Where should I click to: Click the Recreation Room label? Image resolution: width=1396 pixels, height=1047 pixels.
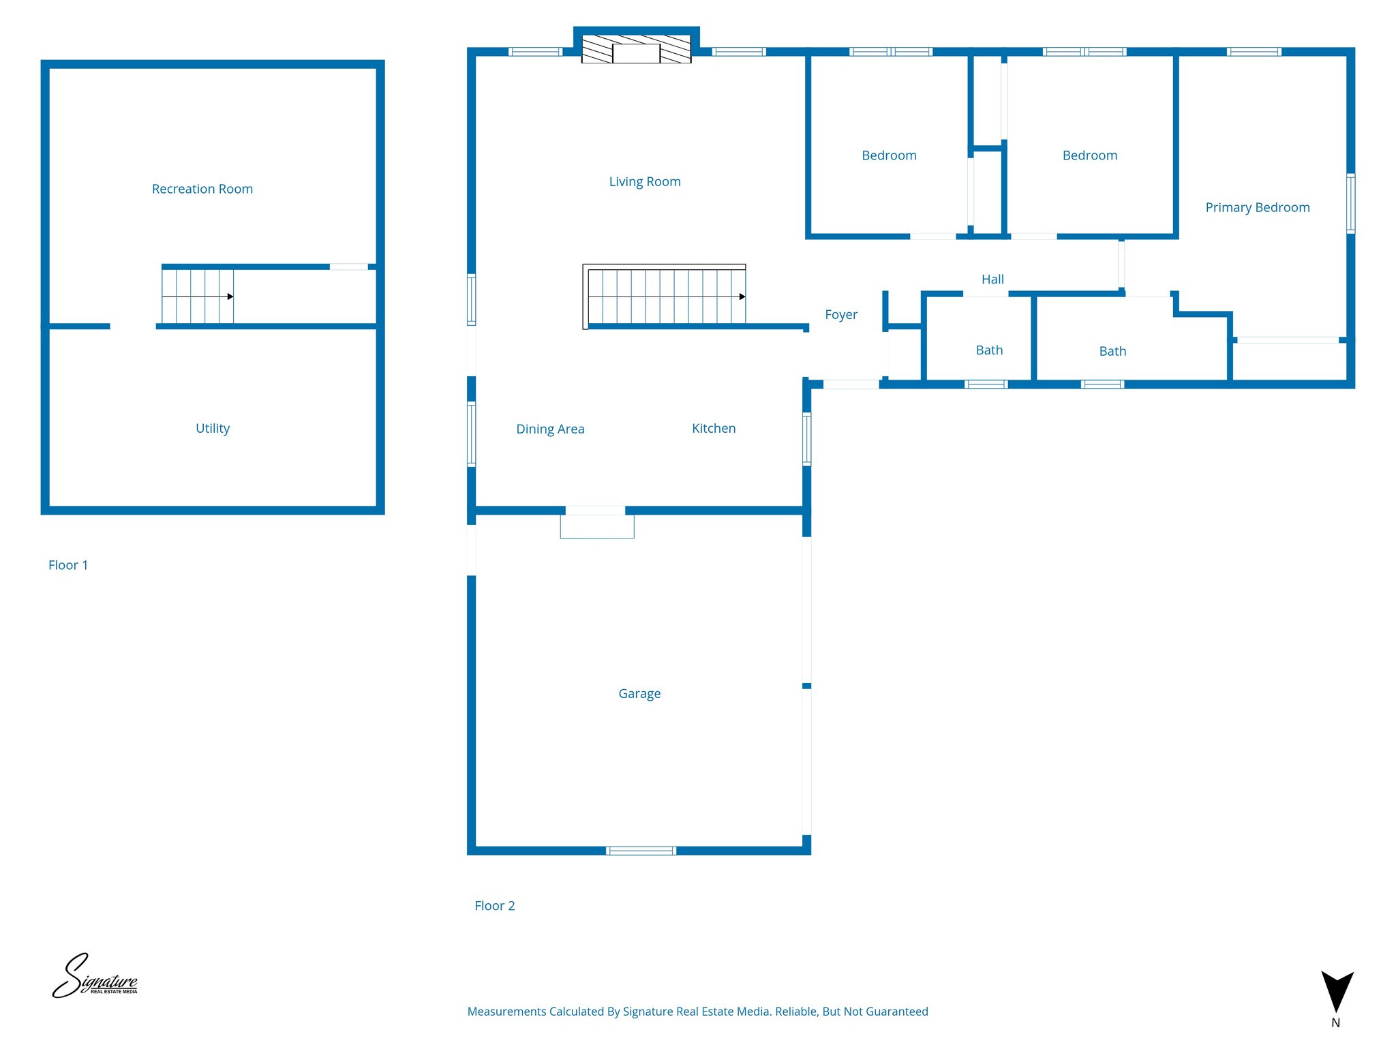tap(202, 189)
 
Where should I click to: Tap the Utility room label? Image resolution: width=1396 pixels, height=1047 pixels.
tap(213, 428)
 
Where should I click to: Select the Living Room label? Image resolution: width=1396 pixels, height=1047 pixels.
tap(645, 181)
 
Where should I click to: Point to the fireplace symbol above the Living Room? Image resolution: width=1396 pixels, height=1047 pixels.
tap(636, 50)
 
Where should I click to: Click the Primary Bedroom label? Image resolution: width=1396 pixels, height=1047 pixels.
tap(1258, 207)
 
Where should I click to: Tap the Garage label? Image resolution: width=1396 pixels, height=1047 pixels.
tap(639, 693)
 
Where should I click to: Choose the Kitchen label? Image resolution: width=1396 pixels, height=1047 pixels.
tap(714, 428)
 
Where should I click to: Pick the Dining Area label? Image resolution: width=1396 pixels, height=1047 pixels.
tap(550, 429)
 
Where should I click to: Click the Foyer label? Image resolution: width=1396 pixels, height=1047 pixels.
tap(841, 314)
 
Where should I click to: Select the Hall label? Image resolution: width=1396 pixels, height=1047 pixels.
tap(992, 279)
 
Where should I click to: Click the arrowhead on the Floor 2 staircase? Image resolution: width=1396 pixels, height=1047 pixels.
tap(742, 297)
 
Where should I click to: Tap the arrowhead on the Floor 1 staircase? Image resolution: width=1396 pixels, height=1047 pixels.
tap(230, 297)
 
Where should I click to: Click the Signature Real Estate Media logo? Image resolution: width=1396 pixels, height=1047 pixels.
tap(95, 977)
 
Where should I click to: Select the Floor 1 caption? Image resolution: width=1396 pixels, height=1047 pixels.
tap(68, 565)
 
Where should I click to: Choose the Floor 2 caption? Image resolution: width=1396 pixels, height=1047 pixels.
tap(495, 906)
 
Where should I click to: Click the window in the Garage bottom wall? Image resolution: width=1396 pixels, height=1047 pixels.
tap(641, 850)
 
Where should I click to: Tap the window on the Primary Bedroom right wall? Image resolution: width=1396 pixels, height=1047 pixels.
tap(1350, 203)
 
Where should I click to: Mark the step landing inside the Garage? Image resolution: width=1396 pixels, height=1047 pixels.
tap(597, 527)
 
